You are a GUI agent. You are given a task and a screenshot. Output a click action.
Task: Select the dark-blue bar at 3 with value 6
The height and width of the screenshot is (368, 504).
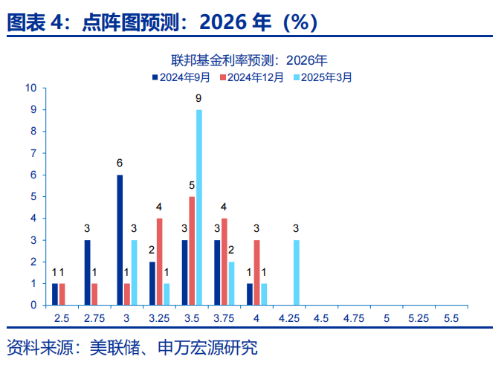tap(120, 239)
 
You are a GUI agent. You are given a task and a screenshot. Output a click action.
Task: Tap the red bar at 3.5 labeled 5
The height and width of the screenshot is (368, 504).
tap(192, 251)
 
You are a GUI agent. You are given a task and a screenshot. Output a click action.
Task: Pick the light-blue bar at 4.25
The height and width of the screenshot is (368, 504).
tap(297, 272)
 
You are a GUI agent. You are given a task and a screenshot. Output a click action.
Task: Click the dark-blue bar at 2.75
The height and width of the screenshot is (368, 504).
tap(87, 272)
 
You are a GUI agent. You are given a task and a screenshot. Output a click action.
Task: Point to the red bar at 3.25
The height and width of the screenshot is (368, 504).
tap(159, 261)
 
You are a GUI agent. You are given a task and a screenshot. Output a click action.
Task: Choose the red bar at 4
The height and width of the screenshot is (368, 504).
tap(256, 272)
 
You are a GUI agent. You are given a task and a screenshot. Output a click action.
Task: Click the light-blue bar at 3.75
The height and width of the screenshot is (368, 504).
tap(231, 283)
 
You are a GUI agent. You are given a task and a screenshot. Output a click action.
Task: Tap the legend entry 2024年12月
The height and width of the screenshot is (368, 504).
tap(255, 77)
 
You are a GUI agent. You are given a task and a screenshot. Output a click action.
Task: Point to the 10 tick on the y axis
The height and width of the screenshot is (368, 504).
tap(31, 88)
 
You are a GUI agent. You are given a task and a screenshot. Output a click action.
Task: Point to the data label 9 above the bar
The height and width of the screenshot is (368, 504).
tap(198, 98)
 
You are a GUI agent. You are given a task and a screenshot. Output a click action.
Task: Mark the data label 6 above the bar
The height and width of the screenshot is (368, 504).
tap(120, 164)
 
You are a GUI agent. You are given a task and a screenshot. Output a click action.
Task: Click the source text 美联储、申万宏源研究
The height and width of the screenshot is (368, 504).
tap(173, 347)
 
